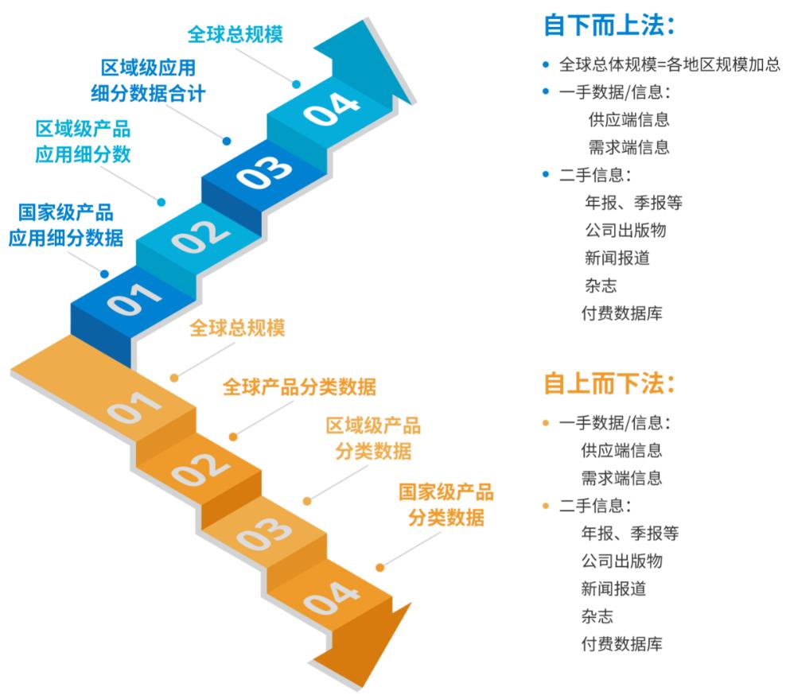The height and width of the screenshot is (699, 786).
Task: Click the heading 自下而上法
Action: [x=609, y=25]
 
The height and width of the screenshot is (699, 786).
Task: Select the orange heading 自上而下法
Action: [x=609, y=384]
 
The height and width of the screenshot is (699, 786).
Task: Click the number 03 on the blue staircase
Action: [x=265, y=171]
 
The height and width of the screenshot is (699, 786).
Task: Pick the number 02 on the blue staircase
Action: [x=200, y=236]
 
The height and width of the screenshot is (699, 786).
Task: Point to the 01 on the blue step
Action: [x=134, y=299]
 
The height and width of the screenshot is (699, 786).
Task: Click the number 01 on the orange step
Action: [x=134, y=407]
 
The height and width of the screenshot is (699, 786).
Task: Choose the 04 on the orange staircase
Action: [x=331, y=598]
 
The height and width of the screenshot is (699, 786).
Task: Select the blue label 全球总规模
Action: [x=235, y=34]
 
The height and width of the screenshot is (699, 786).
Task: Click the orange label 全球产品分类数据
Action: [x=299, y=386]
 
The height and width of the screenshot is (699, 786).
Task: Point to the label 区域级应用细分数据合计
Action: [x=148, y=80]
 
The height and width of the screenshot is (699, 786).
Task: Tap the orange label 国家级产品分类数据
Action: [x=446, y=505]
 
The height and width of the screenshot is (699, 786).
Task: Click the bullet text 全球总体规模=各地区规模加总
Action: [x=670, y=64]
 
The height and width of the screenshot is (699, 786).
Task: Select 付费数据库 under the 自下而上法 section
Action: [x=621, y=313]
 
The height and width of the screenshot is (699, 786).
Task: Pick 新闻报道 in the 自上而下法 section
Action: [x=613, y=588]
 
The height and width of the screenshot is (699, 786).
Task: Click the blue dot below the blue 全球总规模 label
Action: [x=296, y=84]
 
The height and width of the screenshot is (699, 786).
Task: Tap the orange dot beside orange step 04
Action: [x=380, y=568]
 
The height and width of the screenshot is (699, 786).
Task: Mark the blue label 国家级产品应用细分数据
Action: [x=66, y=225]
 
